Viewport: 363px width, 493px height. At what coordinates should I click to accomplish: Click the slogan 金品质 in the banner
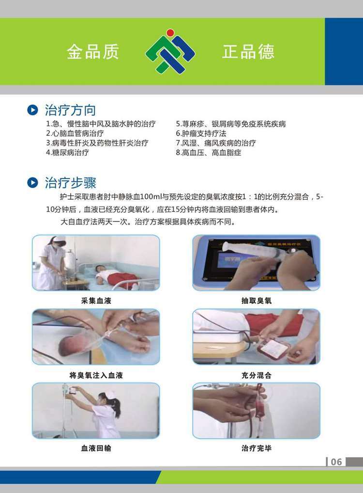92,51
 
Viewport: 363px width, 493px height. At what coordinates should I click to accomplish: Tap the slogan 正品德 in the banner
248,51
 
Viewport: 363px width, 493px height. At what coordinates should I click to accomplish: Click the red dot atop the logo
170,32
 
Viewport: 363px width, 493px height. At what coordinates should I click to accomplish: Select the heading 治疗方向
70,110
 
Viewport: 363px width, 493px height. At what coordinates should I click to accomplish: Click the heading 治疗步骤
70,183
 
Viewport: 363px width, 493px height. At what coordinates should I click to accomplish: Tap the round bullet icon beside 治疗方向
32,110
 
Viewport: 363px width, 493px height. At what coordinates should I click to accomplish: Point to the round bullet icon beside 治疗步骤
32,182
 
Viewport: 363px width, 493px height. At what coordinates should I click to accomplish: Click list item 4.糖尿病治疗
67,153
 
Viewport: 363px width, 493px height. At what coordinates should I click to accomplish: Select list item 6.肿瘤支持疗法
201,133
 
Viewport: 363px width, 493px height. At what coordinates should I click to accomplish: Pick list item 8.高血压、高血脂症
209,153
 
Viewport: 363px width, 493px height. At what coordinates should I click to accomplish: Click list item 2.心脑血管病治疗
75,133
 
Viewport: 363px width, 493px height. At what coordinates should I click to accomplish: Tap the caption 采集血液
96,301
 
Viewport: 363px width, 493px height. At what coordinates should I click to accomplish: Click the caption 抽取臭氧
256,301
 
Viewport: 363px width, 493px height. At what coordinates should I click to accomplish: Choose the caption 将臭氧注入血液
96,375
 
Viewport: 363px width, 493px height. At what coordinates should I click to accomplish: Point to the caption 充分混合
256,375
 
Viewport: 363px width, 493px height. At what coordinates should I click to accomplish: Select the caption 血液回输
96,448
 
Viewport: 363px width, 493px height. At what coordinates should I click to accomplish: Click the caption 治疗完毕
256,448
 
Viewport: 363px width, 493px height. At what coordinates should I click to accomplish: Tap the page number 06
336,461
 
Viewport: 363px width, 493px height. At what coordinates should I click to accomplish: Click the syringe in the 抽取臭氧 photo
255,252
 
